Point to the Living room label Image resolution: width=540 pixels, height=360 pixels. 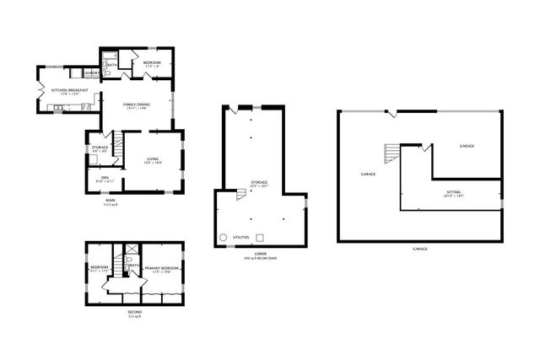153,159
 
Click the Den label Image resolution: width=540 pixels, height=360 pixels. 105,178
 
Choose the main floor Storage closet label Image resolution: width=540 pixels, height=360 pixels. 100,148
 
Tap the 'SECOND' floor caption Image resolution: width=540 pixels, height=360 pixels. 134,314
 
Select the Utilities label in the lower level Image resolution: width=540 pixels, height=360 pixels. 240,239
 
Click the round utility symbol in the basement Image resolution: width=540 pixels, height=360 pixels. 224,239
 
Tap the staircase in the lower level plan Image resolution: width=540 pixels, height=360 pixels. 242,194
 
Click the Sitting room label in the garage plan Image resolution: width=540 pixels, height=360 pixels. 454,193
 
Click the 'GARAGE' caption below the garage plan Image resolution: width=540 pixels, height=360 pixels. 420,249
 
